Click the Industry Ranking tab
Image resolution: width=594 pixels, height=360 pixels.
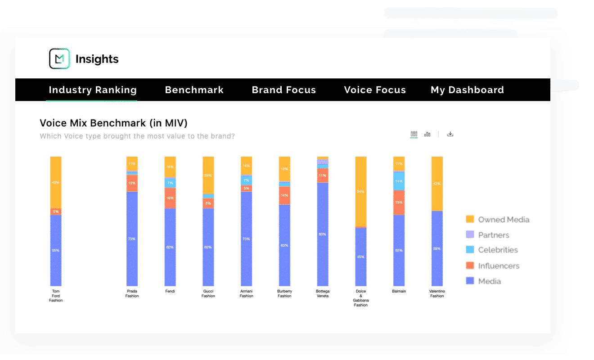click(92, 90)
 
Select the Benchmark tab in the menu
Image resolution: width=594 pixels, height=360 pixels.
click(194, 90)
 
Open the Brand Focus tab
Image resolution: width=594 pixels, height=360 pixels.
click(283, 90)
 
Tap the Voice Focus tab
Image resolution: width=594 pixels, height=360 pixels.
click(375, 90)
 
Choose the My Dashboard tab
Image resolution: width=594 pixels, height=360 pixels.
click(467, 90)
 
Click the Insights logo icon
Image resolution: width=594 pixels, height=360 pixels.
click(59, 59)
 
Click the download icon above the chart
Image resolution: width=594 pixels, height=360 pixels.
click(450, 134)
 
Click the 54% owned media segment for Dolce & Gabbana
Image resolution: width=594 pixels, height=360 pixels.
click(361, 192)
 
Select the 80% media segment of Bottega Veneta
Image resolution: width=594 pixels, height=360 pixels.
click(323, 234)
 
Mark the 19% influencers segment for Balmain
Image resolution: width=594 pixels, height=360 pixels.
click(399, 202)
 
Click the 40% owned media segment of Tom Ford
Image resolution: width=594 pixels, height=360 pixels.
click(56, 182)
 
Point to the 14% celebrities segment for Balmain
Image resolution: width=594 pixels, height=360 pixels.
click(399, 181)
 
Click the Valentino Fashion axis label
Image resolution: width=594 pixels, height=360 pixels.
click(437, 293)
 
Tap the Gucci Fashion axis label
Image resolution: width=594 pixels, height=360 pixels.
click(208, 293)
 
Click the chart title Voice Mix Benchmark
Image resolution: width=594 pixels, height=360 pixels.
click(113, 123)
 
